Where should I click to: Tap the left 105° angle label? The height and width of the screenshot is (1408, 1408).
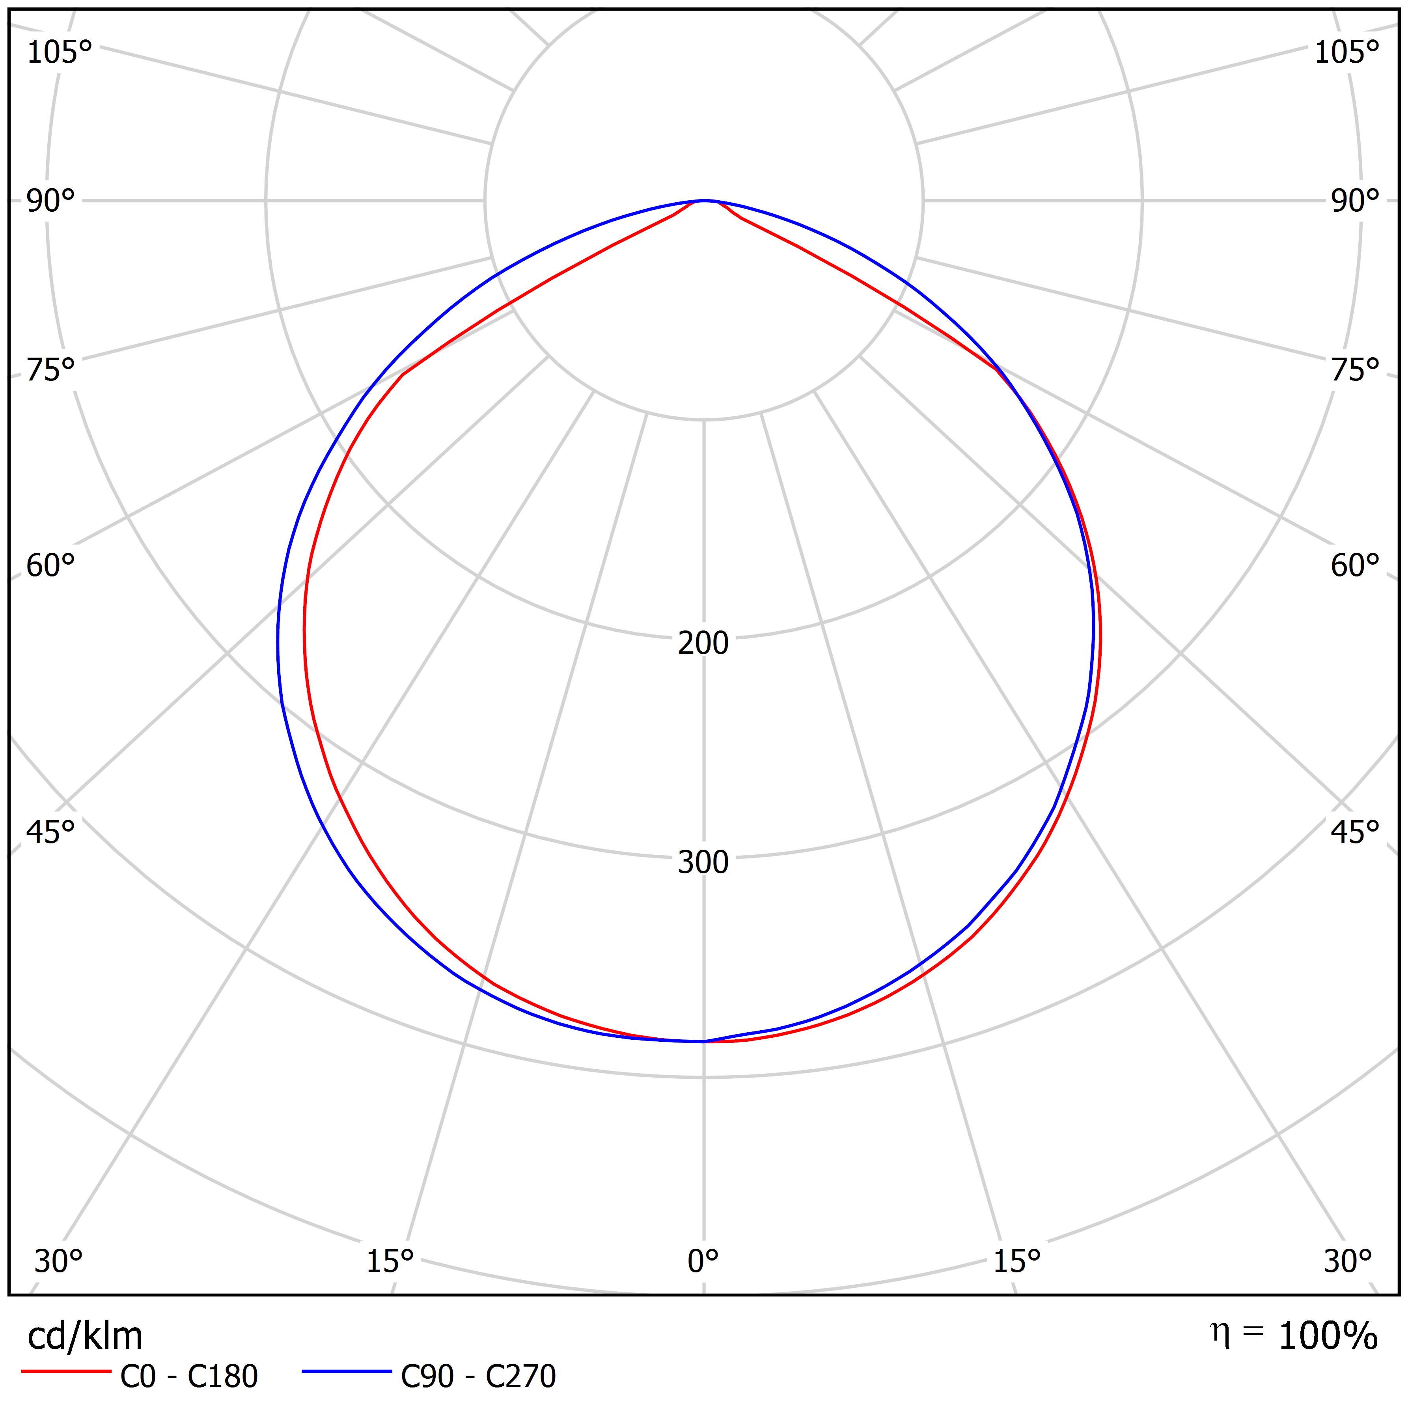tap(60, 52)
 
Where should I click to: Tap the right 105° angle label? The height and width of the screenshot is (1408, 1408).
tap(1347, 52)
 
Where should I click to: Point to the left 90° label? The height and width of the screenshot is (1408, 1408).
tap(51, 201)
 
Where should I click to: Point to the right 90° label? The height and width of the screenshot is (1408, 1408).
tap(1356, 201)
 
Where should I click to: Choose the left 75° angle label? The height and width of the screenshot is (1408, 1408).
tap(51, 370)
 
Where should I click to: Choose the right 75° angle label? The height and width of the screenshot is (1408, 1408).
tap(1356, 370)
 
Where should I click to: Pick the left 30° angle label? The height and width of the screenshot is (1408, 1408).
tap(58, 1261)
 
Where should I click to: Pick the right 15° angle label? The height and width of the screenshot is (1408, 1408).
tap(1016, 1261)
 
